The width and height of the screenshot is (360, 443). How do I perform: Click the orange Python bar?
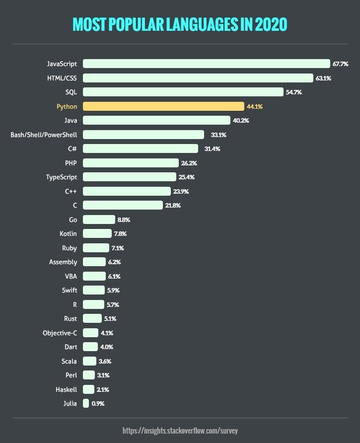[x=163, y=106]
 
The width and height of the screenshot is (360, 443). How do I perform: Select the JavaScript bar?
[x=206, y=64]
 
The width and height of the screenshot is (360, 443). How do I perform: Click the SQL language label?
[x=71, y=92]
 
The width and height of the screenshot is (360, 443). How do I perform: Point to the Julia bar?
[x=86, y=404]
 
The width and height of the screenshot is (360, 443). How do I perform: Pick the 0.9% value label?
[x=98, y=404]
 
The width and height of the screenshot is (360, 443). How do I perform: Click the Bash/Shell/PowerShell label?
[x=44, y=135]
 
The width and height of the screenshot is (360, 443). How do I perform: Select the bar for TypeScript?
[x=129, y=177]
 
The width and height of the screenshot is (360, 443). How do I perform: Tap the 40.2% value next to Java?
[x=241, y=121]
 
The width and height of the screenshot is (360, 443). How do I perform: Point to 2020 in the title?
[x=271, y=24]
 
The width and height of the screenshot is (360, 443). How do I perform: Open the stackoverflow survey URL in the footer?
[x=180, y=431]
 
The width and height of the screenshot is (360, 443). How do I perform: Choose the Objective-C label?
[x=60, y=333]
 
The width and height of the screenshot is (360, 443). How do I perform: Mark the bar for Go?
[x=99, y=220]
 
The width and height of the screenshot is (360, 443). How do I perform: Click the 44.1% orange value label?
[x=255, y=106]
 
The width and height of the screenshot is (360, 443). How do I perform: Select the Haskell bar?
[x=88, y=389]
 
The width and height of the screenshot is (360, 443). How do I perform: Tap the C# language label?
[x=72, y=148]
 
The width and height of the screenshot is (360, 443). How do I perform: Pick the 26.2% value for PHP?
[x=189, y=163]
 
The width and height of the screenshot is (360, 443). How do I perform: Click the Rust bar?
[x=92, y=318]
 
